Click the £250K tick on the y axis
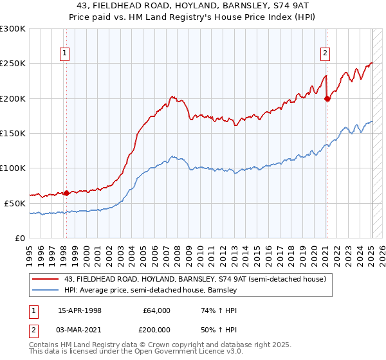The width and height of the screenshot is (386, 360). (13, 64)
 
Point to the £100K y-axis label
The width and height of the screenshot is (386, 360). (13, 168)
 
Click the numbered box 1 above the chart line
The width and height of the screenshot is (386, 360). (66, 54)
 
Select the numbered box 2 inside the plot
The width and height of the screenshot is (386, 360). (326, 54)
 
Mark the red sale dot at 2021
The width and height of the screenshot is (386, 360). (327, 98)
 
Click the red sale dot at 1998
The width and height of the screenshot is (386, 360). (67, 192)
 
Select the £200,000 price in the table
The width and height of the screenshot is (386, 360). (156, 328)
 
